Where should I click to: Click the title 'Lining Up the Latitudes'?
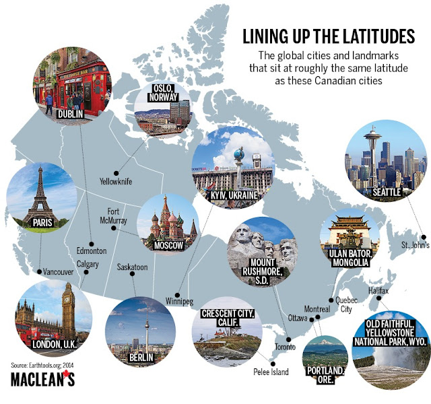[329, 35]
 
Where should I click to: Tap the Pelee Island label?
[271, 372]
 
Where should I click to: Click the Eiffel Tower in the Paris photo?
[38, 192]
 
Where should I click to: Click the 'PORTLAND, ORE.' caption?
[327, 375]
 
